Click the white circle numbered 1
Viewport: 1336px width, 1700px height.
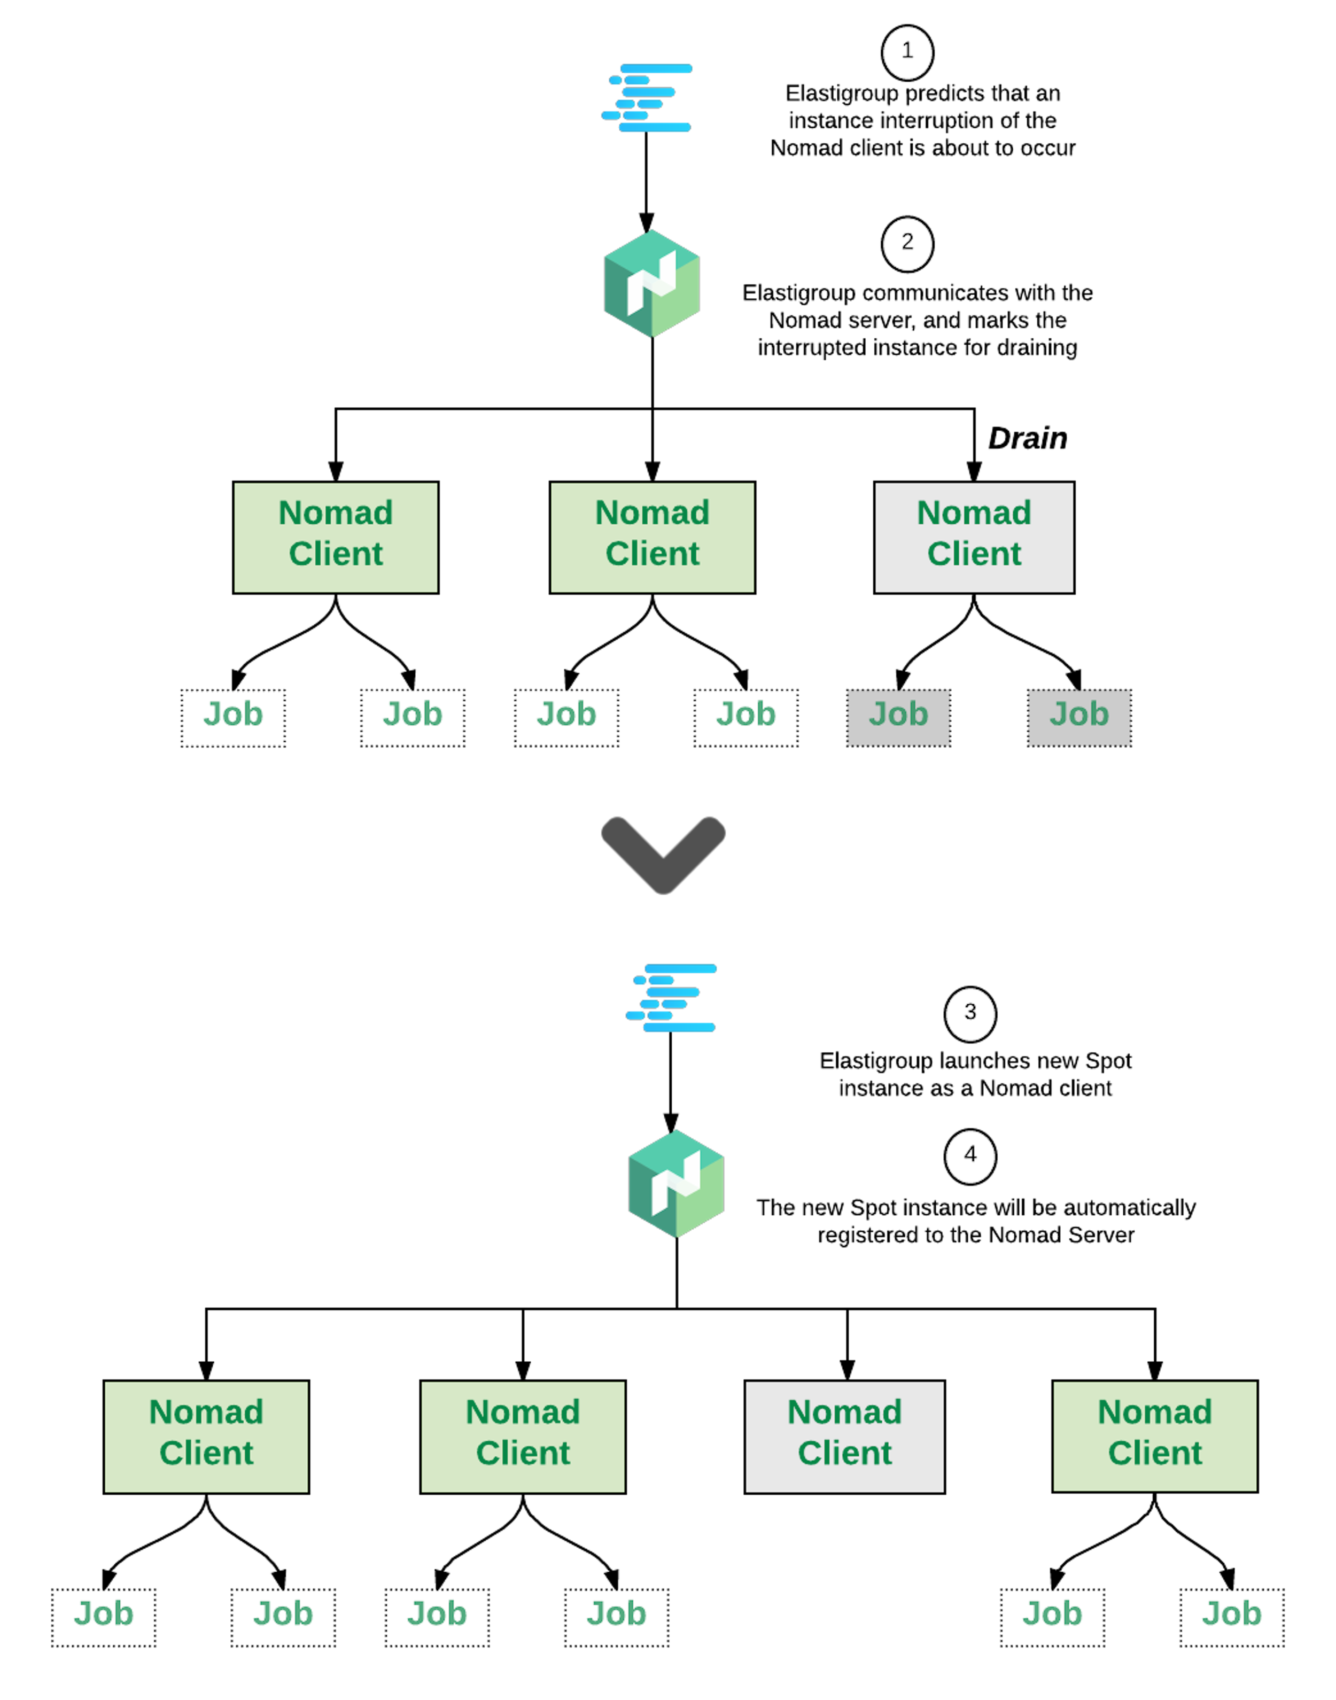pos(907,52)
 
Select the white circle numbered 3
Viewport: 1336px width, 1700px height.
pos(970,1014)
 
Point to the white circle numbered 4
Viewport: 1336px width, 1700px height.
pos(970,1156)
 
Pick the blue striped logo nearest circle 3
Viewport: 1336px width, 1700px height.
pos(672,998)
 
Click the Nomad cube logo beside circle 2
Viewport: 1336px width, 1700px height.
pos(651,283)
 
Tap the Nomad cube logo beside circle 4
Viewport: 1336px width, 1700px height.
pos(676,1183)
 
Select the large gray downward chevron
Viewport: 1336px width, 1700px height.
pos(663,855)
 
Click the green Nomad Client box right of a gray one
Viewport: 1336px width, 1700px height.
pos(1154,1437)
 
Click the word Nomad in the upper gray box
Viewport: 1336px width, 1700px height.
pos(974,513)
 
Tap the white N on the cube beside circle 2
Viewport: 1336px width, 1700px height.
pos(651,283)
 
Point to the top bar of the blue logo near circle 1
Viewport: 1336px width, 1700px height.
pos(657,69)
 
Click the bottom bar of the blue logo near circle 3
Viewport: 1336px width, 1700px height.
pos(679,1027)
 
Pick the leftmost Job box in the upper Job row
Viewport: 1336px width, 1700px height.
pos(233,717)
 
